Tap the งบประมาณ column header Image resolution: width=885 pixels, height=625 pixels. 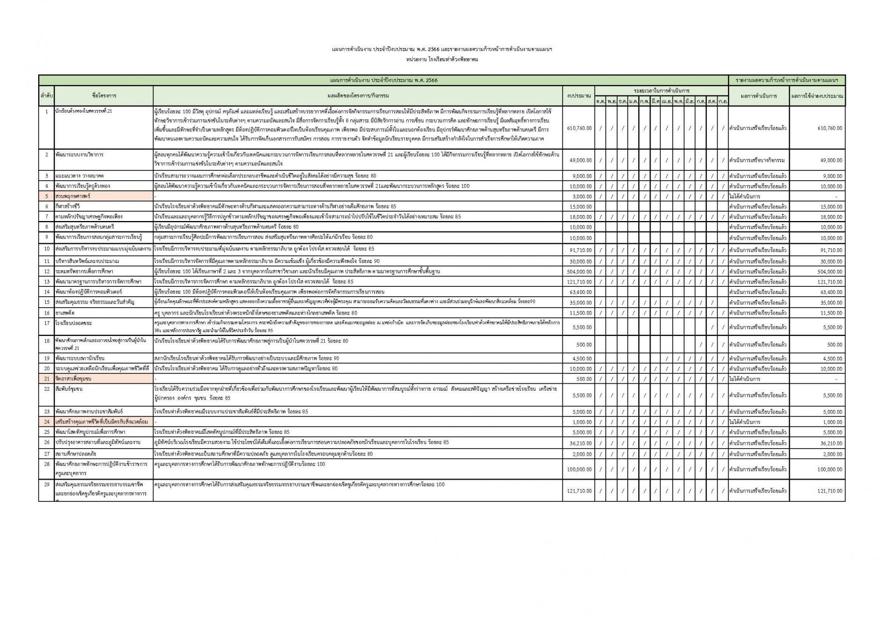[x=579, y=96]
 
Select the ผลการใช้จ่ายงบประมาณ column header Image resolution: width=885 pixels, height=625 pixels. [x=817, y=96]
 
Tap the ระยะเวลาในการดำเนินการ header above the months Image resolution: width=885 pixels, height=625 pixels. [x=662, y=90]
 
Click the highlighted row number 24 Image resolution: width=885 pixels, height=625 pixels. [x=46, y=422]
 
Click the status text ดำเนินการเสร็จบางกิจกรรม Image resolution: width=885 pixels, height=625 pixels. [x=757, y=160]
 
